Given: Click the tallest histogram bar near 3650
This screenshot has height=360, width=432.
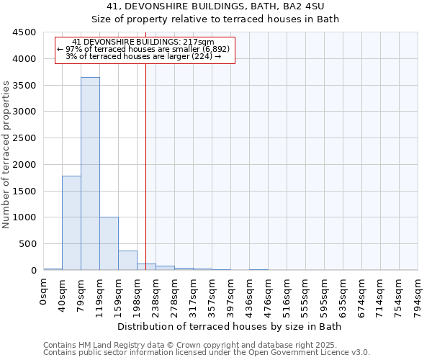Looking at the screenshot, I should click(x=90, y=174).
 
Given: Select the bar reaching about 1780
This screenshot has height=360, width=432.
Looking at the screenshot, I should click(x=71, y=223).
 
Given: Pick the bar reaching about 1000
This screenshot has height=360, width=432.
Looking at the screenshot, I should click(x=109, y=243).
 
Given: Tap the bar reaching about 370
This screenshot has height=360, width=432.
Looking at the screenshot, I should click(x=127, y=261).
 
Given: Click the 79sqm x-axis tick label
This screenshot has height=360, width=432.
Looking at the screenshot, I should click(x=81, y=295).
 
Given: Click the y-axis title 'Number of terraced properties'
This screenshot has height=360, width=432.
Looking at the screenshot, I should click(x=7, y=155).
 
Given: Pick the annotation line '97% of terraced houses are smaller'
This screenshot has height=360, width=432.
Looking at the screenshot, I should click(x=145, y=49).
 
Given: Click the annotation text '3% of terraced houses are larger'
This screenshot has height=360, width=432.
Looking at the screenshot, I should click(x=145, y=56).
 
